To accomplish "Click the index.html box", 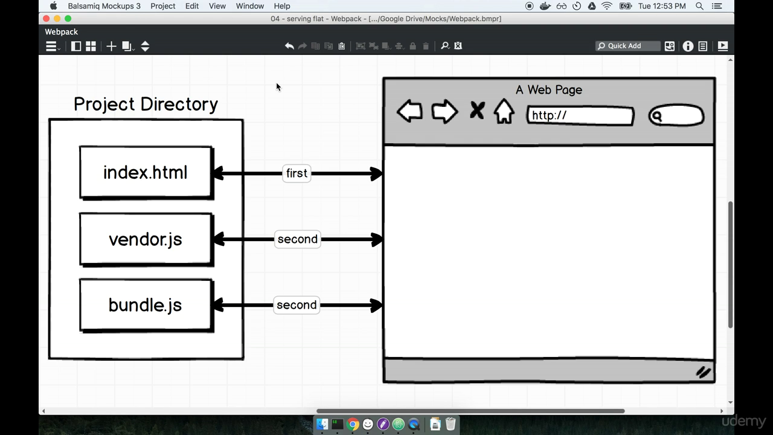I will (x=146, y=173).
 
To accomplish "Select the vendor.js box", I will (x=146, y=239).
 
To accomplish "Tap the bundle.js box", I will (x=146, y=305).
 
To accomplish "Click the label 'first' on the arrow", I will (x=297, y=173).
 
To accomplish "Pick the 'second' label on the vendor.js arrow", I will (x=297, y=239).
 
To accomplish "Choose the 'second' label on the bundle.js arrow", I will (x=297, y=305).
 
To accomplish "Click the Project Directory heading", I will (x=146, y=104).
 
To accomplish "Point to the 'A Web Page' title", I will (x=549, y=90).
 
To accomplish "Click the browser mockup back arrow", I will (x=409, y=112).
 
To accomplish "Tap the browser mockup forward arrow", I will (x=444, y=112).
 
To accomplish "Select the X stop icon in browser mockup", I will (x=477, y=111).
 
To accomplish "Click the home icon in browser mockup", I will (x=504, y=112).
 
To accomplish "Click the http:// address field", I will (x=580, y=115).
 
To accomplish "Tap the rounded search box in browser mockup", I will (x=676, y=115).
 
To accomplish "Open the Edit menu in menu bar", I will (x=192, y=6).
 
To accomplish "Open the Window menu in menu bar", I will (x=249, y=6).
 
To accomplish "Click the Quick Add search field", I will (x=628, y=46).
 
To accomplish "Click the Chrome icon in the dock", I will (x=353, y=424).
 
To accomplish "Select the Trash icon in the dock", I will (x=451, y=424).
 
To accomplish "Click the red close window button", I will (x=47, y=19).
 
